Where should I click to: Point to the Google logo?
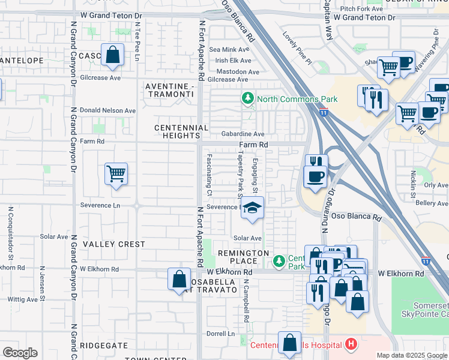20,353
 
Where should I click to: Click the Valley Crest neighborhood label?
113,244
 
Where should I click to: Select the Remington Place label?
243,257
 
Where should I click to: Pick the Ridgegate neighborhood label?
104,346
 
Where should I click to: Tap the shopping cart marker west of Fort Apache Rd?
116,175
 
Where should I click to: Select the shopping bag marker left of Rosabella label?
179,280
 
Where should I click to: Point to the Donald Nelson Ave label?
108,111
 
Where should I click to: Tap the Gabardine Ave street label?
243,134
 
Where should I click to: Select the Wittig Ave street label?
23,299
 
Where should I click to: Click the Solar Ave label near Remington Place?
247,238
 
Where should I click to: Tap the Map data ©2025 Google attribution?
412,355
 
